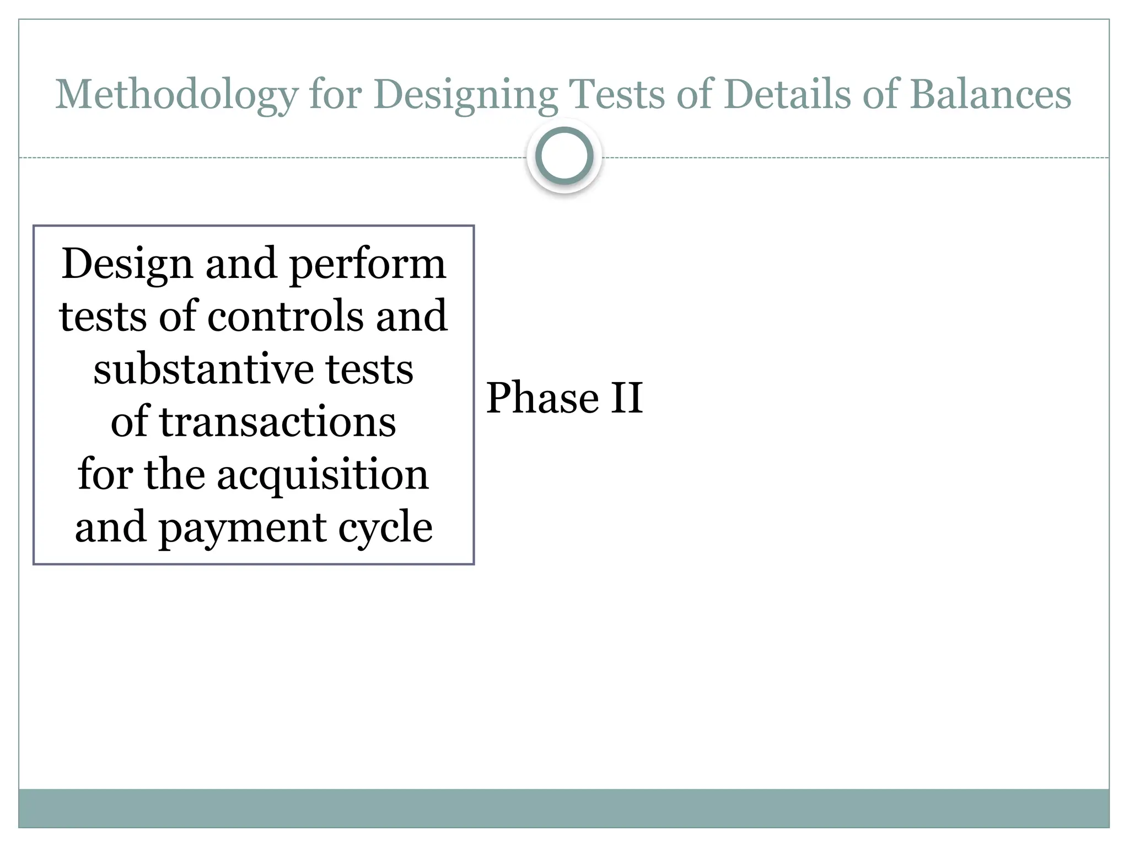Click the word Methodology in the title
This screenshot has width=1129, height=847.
point(176,95)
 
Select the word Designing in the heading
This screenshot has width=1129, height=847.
point(466,95)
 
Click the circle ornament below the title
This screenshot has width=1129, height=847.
point(564,156)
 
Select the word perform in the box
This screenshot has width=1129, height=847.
point(367,265)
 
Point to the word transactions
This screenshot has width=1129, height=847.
point(277,422)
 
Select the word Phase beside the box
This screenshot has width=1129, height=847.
point(542,398)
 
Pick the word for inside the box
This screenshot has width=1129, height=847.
point(104,474)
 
